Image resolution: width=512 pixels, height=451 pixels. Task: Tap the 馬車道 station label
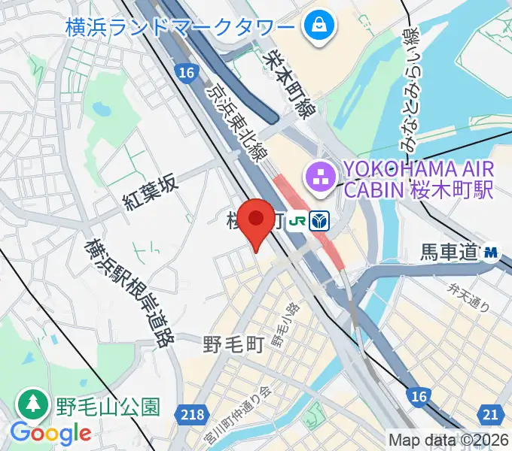click(x=449, y=253)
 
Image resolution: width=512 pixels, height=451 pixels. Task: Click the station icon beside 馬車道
click(x=492, y=253)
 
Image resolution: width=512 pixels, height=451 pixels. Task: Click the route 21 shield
click(x=491, y=413)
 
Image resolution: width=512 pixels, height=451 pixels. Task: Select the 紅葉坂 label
click(x=153, y=192)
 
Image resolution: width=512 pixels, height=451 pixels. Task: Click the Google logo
click(x=50, y=433)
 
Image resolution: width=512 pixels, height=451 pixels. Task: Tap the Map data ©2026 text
click(x=449, y=440)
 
